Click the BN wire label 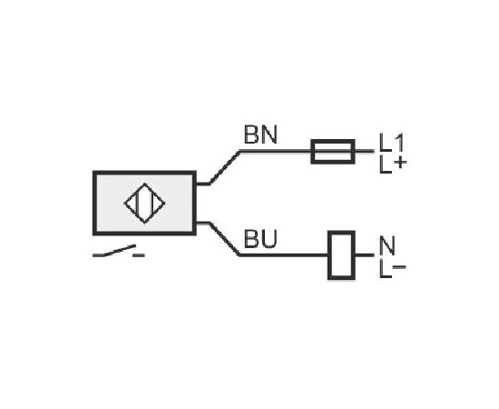[260, 135]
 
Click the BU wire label [260, 238]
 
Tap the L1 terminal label [391, 143]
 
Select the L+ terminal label [393, 165]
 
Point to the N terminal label [387, 245]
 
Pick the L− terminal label [393, 269]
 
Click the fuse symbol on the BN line [333, 152]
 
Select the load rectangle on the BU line [341, 255]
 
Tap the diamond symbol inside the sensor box [144, 204]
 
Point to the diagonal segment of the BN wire [225, 167]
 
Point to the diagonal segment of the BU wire [225, 239]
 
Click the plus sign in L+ [400, 163]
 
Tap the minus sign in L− [399, 267]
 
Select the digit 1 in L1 [399, 143]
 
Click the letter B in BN [251, 135]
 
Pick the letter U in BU [269, 239]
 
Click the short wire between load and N [365, 255]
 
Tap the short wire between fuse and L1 [365, 151]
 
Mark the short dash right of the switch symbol [139, 255]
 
